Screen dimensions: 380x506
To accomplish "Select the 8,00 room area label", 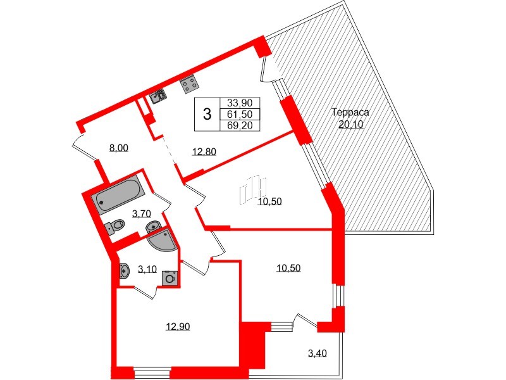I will pyautogui.click(x=119, y=148).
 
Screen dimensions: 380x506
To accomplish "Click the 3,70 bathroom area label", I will pyautogui.click(x=140, y=214).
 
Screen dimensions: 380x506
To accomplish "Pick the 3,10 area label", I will pyautogui.click(x=147, y=269).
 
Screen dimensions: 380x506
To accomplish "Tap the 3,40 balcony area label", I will pyautogui.click(x=318, y=353).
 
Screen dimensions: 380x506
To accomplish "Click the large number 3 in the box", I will pyautogui.click(x=206, y=115).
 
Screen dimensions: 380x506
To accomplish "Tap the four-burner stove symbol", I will pyautogui.click(x=188, y=84).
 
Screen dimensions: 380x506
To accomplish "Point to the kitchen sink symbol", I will pyautogui.click(x=159, y=96).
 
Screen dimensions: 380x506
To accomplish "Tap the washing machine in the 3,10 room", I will pyautogui.click(x=169, y=277).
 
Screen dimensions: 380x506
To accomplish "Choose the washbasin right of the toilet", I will pyautogui.click(x=152, y=226).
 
